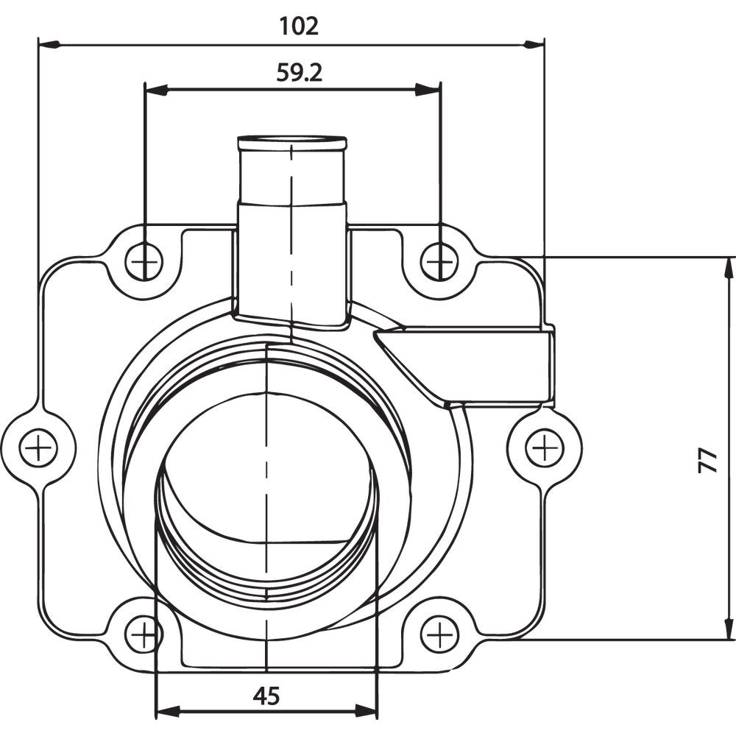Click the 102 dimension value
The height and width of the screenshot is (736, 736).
(299, 26)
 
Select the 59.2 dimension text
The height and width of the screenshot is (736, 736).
(300, 72)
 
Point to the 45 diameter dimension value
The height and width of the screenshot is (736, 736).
(266, 696)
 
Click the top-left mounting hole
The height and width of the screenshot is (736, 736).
(144, 261)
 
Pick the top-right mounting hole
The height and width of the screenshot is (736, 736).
(439, 261)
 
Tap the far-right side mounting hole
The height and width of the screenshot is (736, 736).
(545, 447)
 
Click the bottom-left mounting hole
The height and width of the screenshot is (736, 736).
(144, 633)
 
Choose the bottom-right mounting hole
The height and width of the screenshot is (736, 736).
(439, 633)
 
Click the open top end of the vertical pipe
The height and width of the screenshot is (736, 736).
(291, 141)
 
